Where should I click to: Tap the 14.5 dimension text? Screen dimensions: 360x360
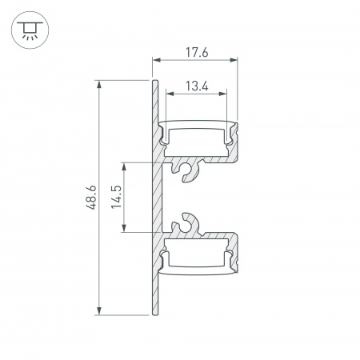116,198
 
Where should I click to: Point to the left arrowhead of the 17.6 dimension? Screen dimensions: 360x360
155,61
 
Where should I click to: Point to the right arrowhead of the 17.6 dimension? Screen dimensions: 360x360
236,61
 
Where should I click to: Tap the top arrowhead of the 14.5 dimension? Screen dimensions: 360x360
124,165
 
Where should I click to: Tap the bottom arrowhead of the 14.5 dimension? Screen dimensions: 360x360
124,231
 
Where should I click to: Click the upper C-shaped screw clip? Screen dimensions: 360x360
189,170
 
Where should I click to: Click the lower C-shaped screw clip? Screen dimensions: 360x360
189,225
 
